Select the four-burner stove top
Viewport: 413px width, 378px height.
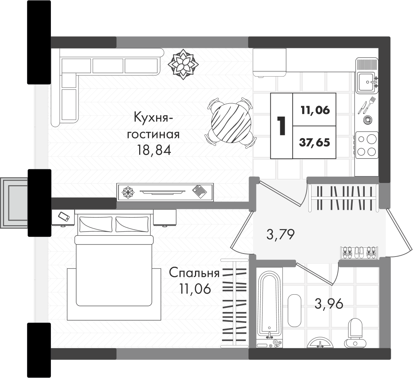tap(366, 145)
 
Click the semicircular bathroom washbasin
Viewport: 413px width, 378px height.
tap(320, 343)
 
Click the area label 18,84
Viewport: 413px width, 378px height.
tap(154, 151)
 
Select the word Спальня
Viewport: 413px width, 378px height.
tap(194, 273)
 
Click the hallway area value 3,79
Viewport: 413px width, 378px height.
tap(280, 234)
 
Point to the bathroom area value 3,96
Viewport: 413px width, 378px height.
tap(329, 304)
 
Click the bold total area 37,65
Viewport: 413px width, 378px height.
tap(315, 143)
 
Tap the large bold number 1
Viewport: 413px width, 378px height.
tap(282, 126)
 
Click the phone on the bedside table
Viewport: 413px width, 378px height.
tap(64, 217)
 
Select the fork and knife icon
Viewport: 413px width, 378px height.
tap(367, 105)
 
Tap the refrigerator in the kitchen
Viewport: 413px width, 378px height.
tap(269, 62)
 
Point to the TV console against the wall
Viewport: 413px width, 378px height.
tap(165, 192)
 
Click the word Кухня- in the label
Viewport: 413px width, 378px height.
tap(151, 118)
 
